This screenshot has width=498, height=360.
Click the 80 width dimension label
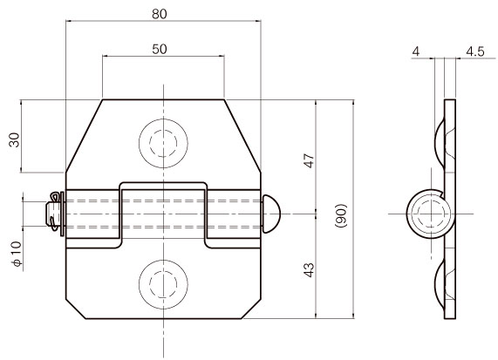point(159,14)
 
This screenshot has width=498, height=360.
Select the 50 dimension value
point(159,49)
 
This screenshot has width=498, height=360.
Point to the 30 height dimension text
point(14,140)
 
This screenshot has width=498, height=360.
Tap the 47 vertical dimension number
point(309,160)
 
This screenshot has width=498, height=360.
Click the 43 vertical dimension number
point(309,270)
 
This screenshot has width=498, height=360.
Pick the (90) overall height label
point(341,215)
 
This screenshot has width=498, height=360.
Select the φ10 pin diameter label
point(17,254)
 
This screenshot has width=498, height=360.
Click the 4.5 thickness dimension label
point(475,51)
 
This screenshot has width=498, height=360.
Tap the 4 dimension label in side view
point(416,51)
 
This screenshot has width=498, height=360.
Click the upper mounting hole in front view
point(163,143)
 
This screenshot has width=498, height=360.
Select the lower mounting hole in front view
point(163,284)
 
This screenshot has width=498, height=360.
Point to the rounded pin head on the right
point(271,214)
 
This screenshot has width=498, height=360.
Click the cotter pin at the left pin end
point(54,211)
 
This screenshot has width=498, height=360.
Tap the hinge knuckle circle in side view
point(431,214)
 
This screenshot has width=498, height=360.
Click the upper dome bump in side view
point(440,144)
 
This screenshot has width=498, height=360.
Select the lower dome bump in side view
point(440,284)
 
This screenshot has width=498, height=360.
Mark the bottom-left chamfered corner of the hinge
point(76,309)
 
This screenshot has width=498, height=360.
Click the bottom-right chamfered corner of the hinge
point(251,309)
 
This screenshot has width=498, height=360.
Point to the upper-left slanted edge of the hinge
point(85,136)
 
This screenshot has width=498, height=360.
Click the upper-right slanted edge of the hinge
point(242,136)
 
